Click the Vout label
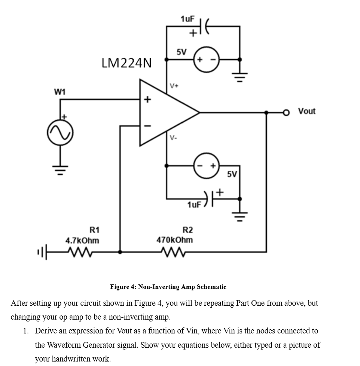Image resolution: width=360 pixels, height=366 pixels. point(306,111)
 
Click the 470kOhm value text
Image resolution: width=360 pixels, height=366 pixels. point(174,240)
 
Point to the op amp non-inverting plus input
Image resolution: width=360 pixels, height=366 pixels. point(147,100)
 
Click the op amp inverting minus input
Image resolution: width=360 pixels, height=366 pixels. point(147,126)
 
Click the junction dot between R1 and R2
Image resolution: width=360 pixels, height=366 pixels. point(120,252)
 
